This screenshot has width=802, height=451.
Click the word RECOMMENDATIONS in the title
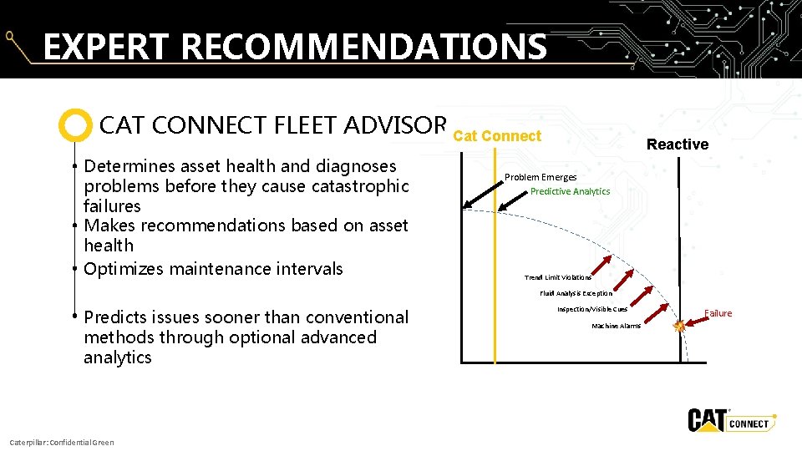[363, 48]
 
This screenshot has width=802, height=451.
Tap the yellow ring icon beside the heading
[75, 125]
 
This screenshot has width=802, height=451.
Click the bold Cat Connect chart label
[497, 136]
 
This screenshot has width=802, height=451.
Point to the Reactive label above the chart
[677, 144]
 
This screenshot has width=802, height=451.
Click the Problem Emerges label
[540, 177]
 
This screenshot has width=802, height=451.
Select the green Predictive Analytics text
[570, 191]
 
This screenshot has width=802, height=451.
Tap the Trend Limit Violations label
[557, 277]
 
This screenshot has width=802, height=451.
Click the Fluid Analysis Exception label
[576, 293]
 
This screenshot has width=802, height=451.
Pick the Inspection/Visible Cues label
[591, 309]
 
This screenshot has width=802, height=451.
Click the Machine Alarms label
[616, 326]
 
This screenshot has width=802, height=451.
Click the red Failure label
[718, 313]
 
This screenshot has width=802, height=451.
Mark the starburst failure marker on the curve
[679, 327]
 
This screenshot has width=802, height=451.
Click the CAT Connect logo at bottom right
[731, 421]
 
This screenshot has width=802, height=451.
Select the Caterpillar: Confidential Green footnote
[61, 442]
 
